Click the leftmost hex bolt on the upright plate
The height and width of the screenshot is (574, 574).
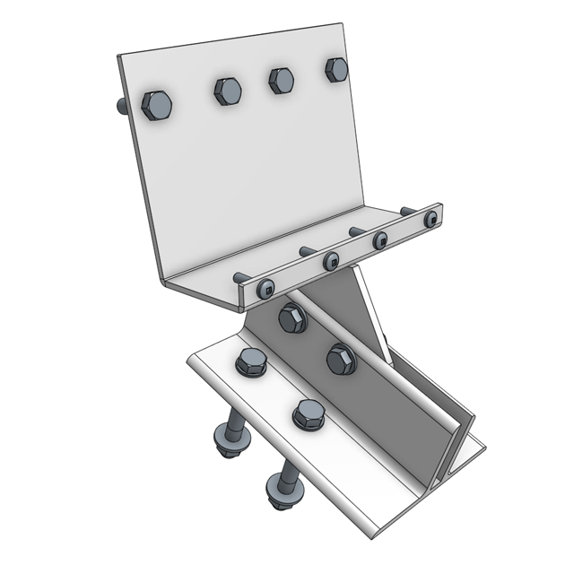[x=157, y=105]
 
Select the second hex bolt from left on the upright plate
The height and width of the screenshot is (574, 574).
[x=228, y=90]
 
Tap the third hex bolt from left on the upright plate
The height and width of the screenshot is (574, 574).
[x=282, y=80]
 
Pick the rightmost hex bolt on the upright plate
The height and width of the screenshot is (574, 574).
[x=336, y=70]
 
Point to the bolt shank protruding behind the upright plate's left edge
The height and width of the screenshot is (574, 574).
[x=122, y=107]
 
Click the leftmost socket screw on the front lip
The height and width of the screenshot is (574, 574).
[x=265, y=289]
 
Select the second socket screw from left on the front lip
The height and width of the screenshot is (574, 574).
[x=331, y=261]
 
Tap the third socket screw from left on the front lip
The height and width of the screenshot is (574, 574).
[x=380, y=239]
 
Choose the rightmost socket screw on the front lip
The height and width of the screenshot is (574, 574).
[x=431, y=218]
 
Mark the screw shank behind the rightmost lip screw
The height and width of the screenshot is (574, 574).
[x=408, y=212]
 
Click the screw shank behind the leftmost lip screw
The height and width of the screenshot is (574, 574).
[x=240, y=279]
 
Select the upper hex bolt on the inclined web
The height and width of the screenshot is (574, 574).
[x=292, y=318]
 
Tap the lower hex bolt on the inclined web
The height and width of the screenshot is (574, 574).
[x=341, y=359]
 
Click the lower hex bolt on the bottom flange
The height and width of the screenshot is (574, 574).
[x=308, y=414]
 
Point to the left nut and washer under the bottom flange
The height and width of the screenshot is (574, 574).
[x=226, y=442]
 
